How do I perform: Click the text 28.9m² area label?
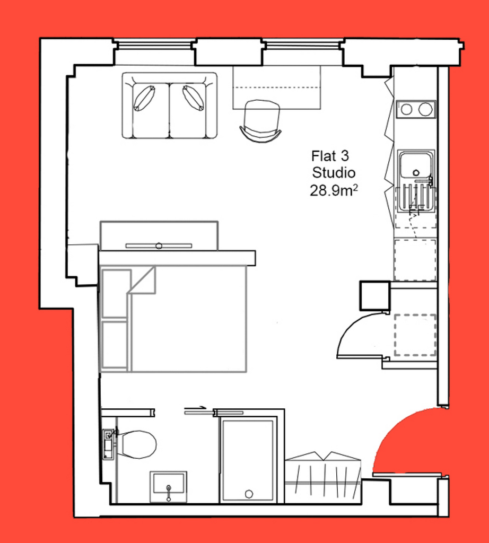[x=334, y=190]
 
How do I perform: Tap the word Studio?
[x=334, y=172]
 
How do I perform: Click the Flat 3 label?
[x=330, y=156]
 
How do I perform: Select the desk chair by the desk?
[x=261, y=120]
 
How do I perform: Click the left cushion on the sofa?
[x=144, y=98]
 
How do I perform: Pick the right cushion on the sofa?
[x=193, y=98]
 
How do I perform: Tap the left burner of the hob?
[x=407, y=110]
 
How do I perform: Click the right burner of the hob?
[x=425, y=109]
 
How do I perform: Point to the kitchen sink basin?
[x=415, y=165]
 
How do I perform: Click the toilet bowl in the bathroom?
[x=137, y=444]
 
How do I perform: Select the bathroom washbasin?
[x=168, y=486]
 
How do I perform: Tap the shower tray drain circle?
[x=249, y=494]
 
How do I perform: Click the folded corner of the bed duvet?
[x=142, y=280]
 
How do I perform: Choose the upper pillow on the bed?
[x=116, y=294]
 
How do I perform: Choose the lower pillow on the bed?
[x=115, y=345]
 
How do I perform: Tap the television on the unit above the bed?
[x=159, y=246]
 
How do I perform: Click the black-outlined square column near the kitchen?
[x=375, y=295]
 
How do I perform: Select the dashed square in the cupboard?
[x=415, y=335]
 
